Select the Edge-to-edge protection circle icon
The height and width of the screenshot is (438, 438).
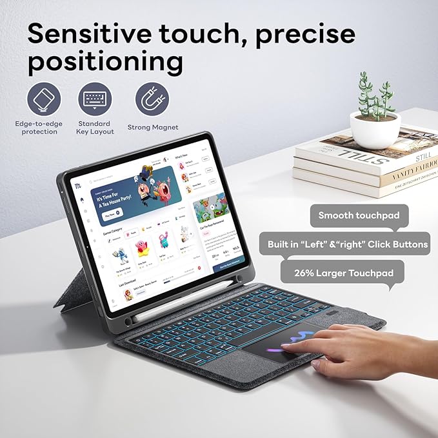tap(44, 100)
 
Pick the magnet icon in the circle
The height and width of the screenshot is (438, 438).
tap(152, 101)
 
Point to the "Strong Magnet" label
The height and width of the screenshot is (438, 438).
tap(153, 128)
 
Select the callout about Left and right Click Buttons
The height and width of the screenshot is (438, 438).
tap(348, 244)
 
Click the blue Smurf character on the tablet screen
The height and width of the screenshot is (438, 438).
tap(120, 252)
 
